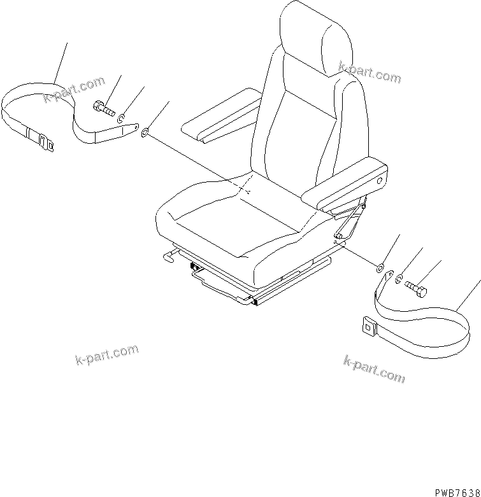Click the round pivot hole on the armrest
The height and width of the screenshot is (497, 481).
pos(381,181)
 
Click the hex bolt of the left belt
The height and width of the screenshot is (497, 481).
pos(103,108)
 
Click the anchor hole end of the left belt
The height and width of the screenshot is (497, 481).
pos(135,129)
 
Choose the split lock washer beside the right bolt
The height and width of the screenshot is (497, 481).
pos(399,279)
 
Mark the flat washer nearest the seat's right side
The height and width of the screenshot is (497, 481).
pos(381,268)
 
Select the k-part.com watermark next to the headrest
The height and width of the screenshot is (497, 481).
pos(370,73)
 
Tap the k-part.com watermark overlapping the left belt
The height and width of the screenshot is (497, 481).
pos(74,89)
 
